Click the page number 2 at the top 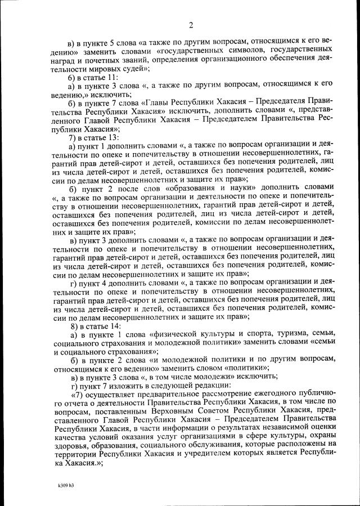click(191, 25)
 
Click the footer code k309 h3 click(66, 484)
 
